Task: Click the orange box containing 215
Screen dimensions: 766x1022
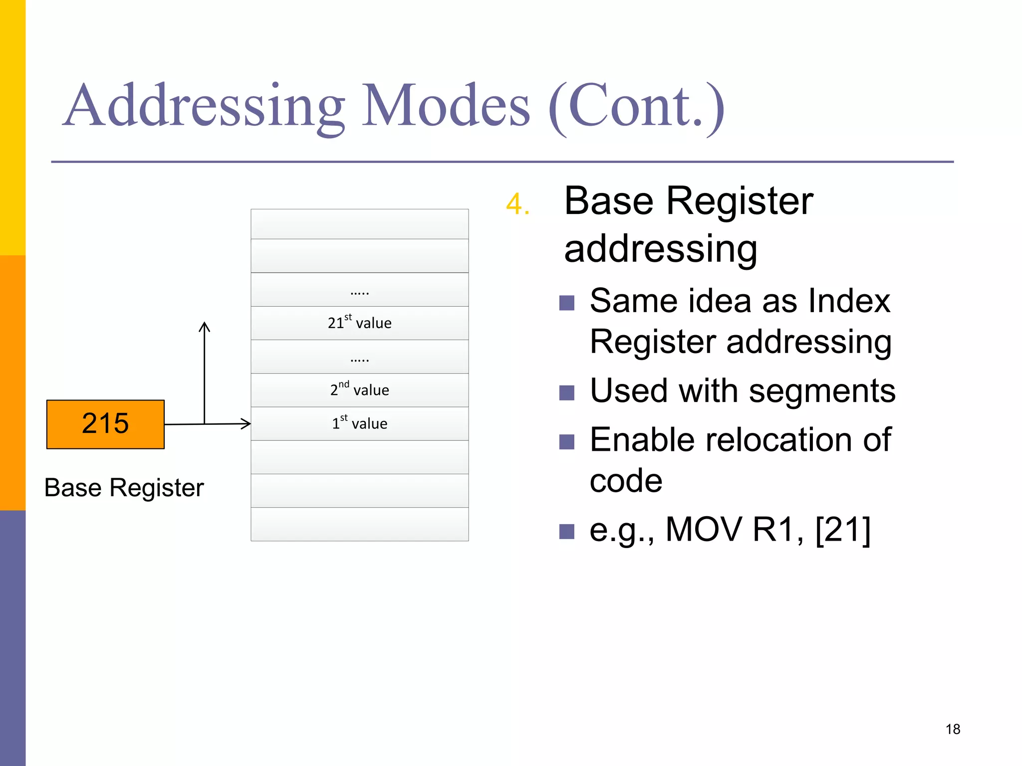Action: point(105,424)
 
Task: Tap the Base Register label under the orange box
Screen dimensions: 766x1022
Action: point(124,488)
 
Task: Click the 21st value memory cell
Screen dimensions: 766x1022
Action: point(359,323)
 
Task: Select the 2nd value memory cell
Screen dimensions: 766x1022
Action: point(359,390)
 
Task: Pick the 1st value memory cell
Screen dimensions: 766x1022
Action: point(359,424)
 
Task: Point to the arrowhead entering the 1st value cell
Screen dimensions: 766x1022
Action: point(246,424)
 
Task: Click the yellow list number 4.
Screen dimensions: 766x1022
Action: point(516,204)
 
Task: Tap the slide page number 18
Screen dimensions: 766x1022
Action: point(952,729)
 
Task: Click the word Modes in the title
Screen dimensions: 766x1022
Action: point(446,106)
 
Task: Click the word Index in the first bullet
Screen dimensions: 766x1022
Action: point(849,301)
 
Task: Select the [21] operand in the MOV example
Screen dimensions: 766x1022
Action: point(842,530)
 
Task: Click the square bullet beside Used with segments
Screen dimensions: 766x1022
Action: point(566,393)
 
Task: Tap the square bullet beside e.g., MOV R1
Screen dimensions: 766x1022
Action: point(566,532)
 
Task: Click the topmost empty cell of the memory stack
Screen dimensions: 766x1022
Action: point(359,224)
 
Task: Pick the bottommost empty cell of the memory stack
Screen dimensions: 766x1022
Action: point(359,524)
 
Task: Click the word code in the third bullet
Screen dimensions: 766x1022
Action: point(626,481)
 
